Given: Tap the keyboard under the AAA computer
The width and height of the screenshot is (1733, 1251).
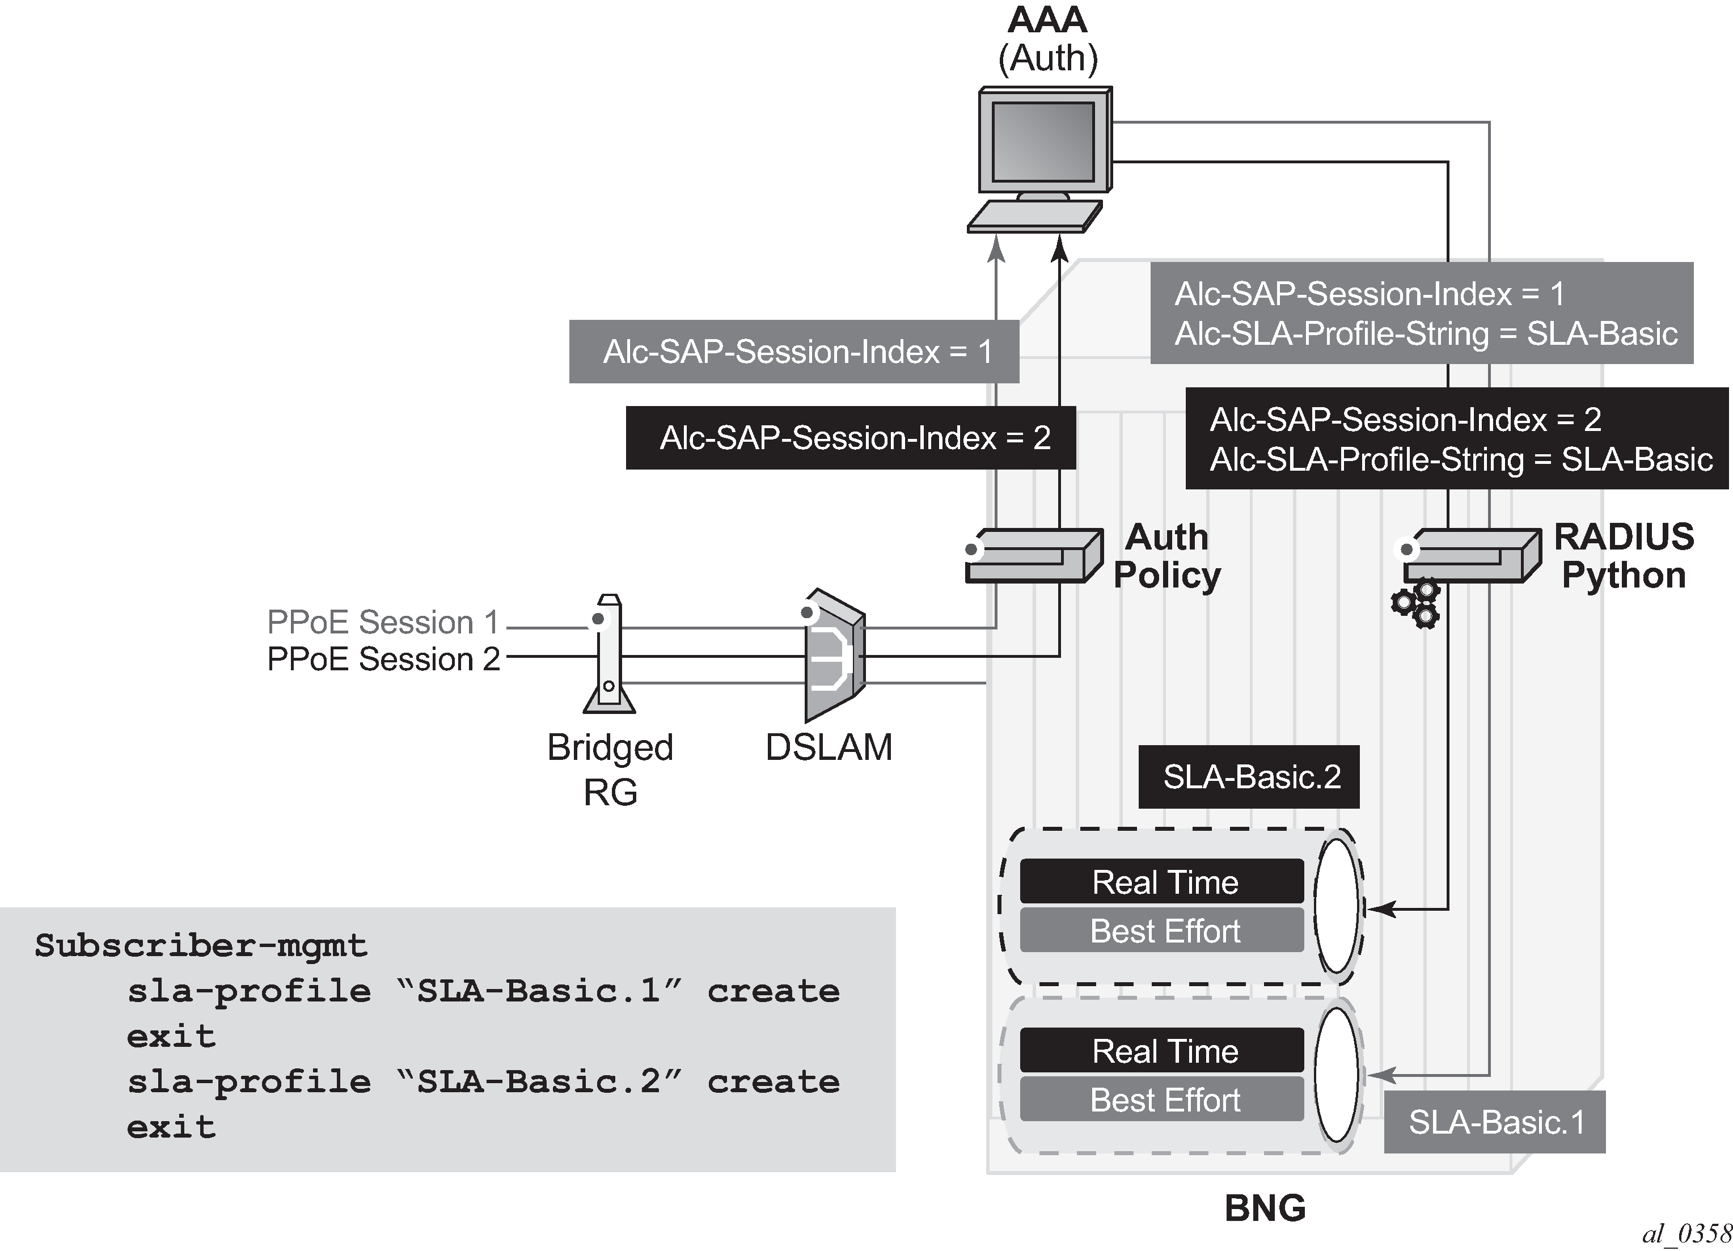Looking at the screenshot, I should click(1034, 216).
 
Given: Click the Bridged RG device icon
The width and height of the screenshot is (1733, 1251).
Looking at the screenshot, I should click(609, 654).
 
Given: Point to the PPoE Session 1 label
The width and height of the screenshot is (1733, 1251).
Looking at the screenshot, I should click(383, 622).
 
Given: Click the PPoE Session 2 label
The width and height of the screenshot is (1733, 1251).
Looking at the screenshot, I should click(383, 659).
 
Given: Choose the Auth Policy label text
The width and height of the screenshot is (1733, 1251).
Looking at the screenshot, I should click(1166, 556).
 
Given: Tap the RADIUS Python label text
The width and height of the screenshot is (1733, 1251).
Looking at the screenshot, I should click(1624, 556).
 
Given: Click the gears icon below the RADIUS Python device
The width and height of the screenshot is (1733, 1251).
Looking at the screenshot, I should click(1416, 605).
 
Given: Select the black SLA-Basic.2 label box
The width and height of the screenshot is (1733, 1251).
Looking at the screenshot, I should click(1249, 776).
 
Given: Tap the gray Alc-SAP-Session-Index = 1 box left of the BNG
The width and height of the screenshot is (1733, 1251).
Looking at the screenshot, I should click(793, 352).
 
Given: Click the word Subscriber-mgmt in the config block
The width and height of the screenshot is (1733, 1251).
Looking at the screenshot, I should click(201, 946).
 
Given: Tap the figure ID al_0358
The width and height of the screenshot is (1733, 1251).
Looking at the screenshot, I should click(1685, 1233).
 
